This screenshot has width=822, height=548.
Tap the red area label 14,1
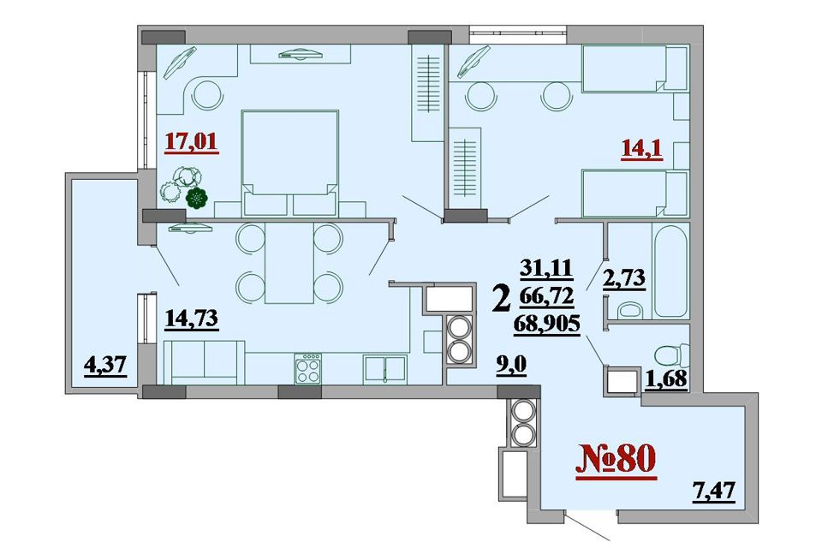641,150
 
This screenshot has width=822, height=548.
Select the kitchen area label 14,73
191,319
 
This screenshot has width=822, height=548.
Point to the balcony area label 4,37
105,365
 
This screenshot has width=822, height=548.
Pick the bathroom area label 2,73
624,278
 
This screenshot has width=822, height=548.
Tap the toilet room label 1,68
666,378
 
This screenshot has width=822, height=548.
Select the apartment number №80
616,459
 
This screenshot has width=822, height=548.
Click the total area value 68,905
547,324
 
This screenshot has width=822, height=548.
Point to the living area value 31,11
547,270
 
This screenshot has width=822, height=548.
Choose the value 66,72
547,297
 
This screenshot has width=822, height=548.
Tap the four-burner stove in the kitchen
308,368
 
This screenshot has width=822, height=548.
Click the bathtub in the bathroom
670,270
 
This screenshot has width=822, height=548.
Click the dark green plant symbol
197,199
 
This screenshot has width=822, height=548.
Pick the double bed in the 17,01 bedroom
289,163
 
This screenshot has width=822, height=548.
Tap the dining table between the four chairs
289,263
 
